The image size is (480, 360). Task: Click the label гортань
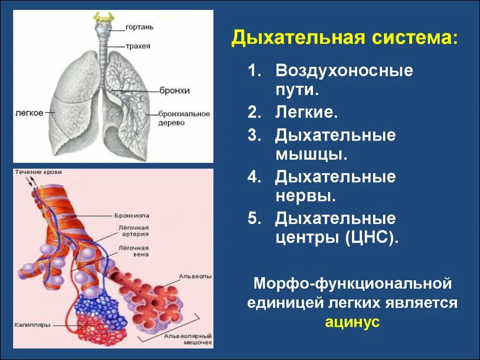[x=139, y=27]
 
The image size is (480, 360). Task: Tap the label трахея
[x=138, y=46]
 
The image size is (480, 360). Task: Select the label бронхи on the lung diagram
[x=174, y=90]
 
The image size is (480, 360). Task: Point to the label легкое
[x=30, y=112]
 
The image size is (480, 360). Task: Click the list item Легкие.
[x=307, y=112]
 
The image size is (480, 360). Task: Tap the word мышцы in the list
[x=311, y=154]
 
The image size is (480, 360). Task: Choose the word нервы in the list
[x=305, y=195]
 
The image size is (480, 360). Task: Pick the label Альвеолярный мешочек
[x=185, y=340]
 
